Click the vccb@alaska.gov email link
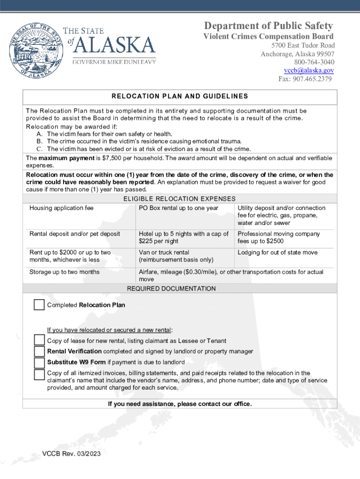(x=309, y=70)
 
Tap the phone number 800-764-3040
(x=314, y=62)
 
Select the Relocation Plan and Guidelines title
(x=180, y=96)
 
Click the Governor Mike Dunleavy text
(x=114, y=62)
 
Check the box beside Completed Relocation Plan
(x=39, y=305)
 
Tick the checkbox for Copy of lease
(x=39, y=341)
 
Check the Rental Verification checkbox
(x=39, y=351)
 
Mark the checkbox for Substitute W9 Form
(x=39, y=363)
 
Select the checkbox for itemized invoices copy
(x=39, y=374)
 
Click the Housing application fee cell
(x=61, y=208)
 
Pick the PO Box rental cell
(x=178, y=208)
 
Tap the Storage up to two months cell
(x=64, y=272)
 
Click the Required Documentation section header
(x=171, y=289)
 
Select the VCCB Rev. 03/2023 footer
(x=71, y=454)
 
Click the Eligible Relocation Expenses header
(x=180, y=199)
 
